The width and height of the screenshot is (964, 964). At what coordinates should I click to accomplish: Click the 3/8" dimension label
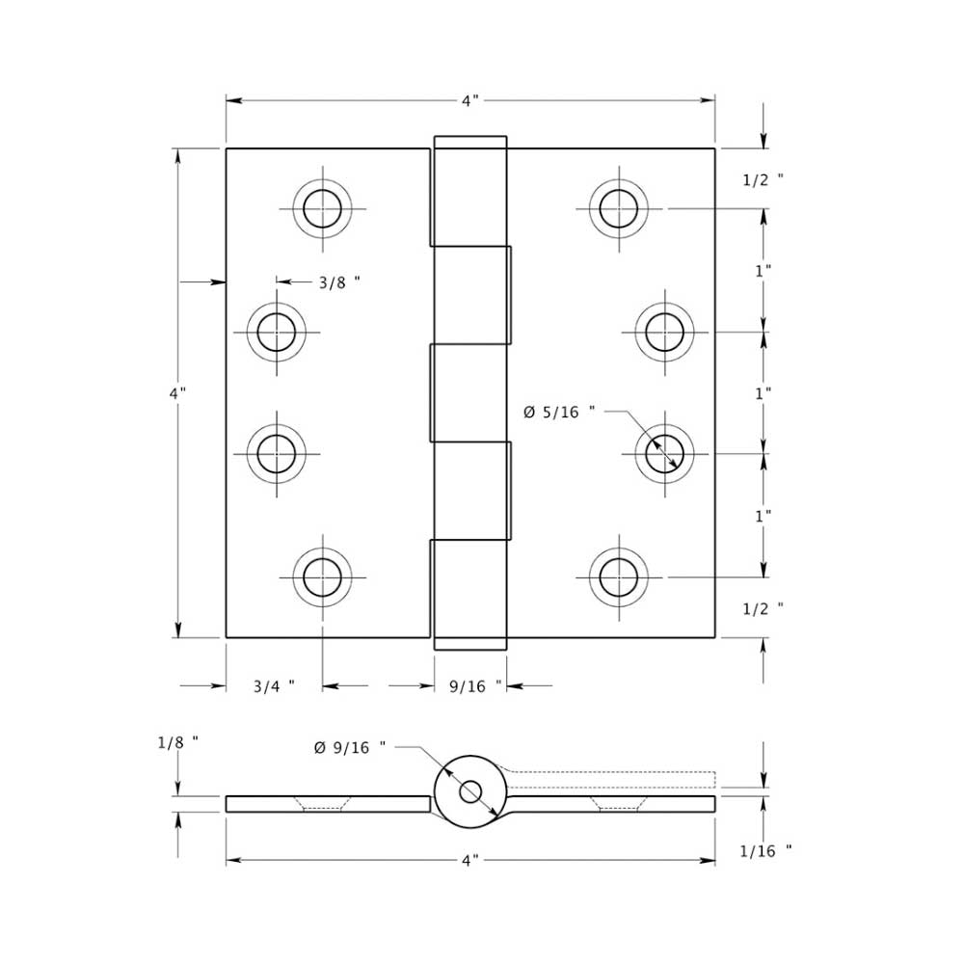coord(338,282)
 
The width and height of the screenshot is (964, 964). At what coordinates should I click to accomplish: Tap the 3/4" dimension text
coord(274,686)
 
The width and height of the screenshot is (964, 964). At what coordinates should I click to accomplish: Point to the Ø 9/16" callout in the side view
coord(349,747)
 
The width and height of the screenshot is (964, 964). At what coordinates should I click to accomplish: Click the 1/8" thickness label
coord(177,742)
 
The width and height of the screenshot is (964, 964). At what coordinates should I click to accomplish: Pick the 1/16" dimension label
coord(765,850)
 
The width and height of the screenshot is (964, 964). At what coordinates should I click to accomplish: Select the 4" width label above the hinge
coord(469,100)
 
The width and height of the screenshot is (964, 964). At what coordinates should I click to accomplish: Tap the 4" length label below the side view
coord(469,860)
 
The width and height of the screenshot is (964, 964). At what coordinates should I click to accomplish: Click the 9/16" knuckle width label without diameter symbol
coord(476,686)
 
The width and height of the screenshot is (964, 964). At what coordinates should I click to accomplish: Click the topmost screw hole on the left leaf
coord(322,207)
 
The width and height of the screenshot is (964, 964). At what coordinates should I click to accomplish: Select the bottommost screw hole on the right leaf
coord(618,577)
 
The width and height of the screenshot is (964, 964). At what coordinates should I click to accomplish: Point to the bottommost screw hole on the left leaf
coord(322,577)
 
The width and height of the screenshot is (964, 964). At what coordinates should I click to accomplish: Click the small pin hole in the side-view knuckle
coord(470,791)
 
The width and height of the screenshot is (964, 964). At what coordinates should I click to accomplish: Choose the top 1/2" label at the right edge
coord(763,179)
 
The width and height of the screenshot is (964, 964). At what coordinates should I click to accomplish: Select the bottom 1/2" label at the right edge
coord(763,608)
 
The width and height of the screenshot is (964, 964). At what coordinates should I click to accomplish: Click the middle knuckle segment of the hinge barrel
coord(469,392)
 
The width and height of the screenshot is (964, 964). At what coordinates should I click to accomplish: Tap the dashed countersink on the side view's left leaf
coord(322,804)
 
